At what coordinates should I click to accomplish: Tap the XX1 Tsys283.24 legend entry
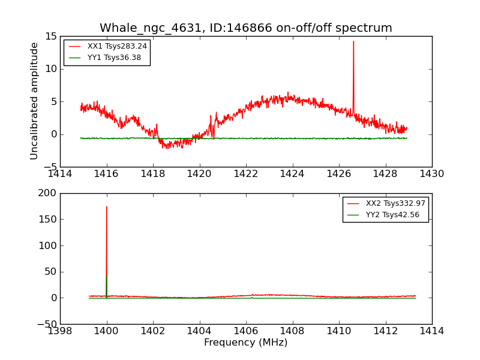coord(117,46)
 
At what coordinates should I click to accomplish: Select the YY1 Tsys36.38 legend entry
coord(114,58)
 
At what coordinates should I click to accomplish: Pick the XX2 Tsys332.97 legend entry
coord(395,203)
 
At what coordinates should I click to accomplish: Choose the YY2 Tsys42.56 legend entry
coord(392,215)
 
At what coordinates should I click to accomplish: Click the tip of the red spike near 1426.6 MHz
coord(353,41)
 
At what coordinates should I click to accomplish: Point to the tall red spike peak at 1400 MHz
coord(107,207)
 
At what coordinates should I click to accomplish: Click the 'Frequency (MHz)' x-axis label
coord(245,343)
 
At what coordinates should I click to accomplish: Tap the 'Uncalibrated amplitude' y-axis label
coord(35,101)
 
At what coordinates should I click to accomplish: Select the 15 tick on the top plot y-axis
coord(50,37)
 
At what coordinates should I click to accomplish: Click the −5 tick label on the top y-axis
coord(49,167)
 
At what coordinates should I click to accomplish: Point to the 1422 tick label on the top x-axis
coord(246,174)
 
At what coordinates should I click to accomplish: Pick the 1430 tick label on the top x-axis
coord(431,174)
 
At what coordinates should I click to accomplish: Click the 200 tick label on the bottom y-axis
coord(46,193)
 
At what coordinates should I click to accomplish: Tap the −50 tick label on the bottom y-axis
coord(44,324)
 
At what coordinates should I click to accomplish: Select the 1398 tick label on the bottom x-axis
coord(60,331)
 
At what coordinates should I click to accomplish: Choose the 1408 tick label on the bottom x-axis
coord(292,331)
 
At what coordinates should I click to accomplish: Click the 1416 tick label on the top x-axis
coord(107,174)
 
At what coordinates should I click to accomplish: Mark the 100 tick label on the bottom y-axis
coord(46,245)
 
